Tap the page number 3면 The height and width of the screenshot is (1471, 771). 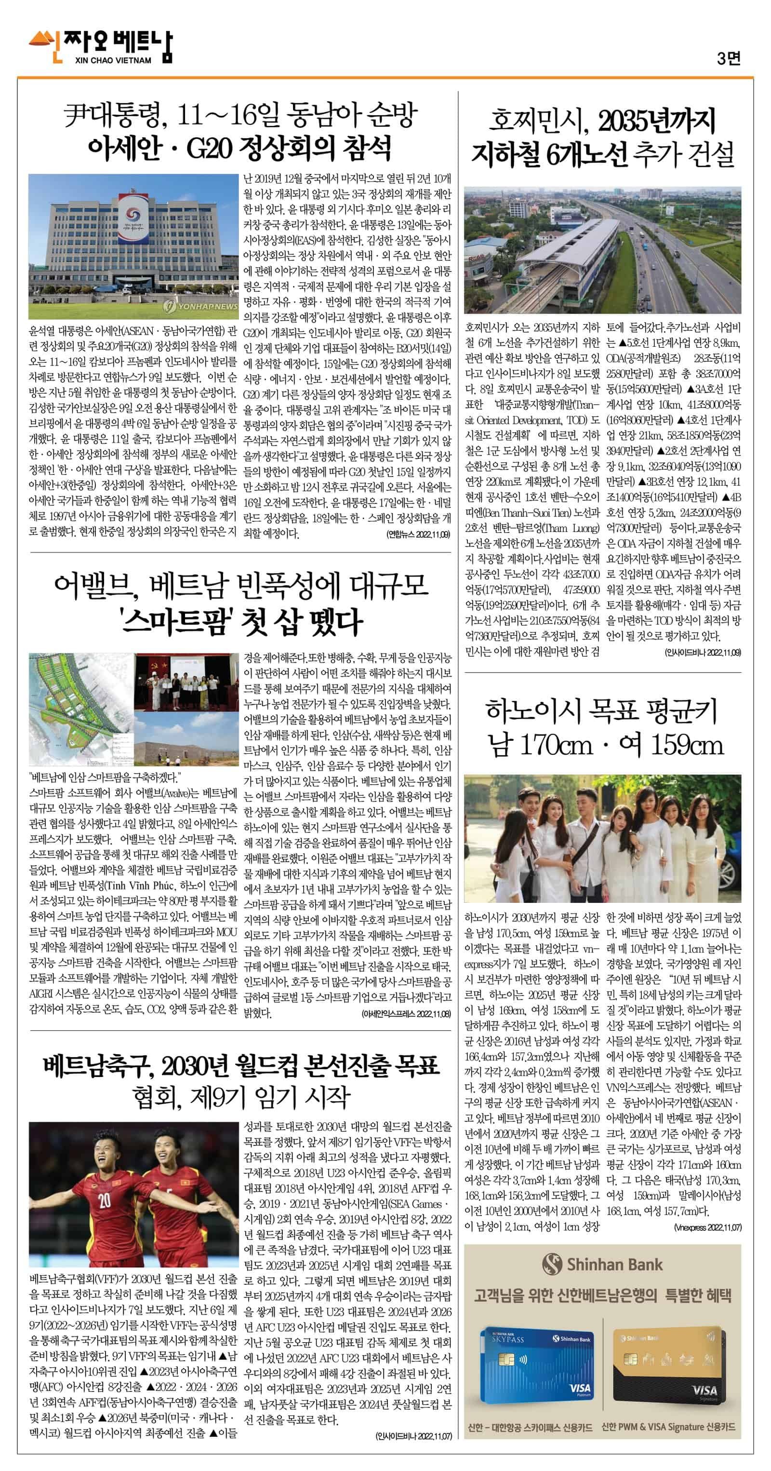tap(729, 58)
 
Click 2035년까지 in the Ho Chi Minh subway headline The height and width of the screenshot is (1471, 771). tap(656, 121)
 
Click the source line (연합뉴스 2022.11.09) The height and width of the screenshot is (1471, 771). tap(418, 534)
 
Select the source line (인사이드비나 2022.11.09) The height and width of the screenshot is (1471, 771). tap(703, 652)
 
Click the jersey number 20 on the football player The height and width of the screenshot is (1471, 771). tap(104, 1200)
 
